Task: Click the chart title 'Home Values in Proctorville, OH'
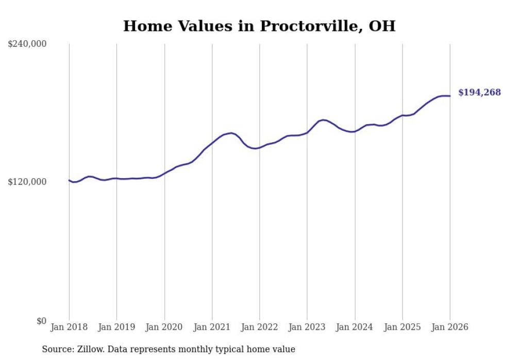pyautogui.click(x=259, y=26)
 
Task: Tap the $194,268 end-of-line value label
pyautogui.click(x=479, y=93)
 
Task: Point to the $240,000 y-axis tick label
pyautogui.click(x=27, y=44)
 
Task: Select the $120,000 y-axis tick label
pyautogui.click(x=27, y=182)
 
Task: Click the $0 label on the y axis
pyautogui.click(x=41, y=321)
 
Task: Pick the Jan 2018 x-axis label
pyautogui.click(x=69, y=327)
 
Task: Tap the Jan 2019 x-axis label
pyautogui.click(x=116, y=327)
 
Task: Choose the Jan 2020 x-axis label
pyautogui.click(x=164, y=327)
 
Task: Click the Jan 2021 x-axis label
pyautogui.click(x=212, y=327)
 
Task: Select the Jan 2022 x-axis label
pyautogui.click(x=260, y=327)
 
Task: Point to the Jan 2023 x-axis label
pyautogui.click(x=307, y=327)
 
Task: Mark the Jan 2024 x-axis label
pyautogui.click(x=355, y=327)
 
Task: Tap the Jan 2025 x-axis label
pyautogui.click(x=402, y=327)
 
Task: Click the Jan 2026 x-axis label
pyautogui.click(x=450, y=327)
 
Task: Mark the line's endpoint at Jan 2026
pyautogui.click(x=450, y=96)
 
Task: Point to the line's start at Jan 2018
pyautogui.click(x=69, y=180)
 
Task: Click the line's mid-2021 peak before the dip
pyautogui.click(x=231, y=133)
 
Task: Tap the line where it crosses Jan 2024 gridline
pyautogui.click(x=355, y=131)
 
